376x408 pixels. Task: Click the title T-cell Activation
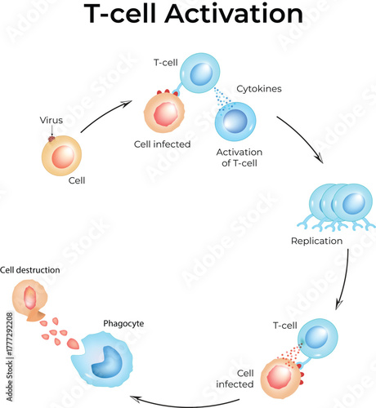pyautogui.click(x=188, y=16)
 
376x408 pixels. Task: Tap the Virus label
pyautogui.click(x=51, y=120)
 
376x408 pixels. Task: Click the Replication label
pyautogui.click(x=316, y=241)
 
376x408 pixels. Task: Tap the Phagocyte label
pyautogui.click(x=123, y=323)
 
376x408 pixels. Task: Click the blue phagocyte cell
pyautogui.click(x=111, y=360)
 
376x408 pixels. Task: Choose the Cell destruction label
pyautogui.click(x=30, y=269)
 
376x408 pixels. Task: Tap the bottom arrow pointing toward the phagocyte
pyautogui.click(x=196, y=400)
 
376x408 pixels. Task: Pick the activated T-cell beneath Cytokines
pyautogui.click(x=235, y=122)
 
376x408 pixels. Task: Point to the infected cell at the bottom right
pyautogui.click(x=282, y=379)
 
